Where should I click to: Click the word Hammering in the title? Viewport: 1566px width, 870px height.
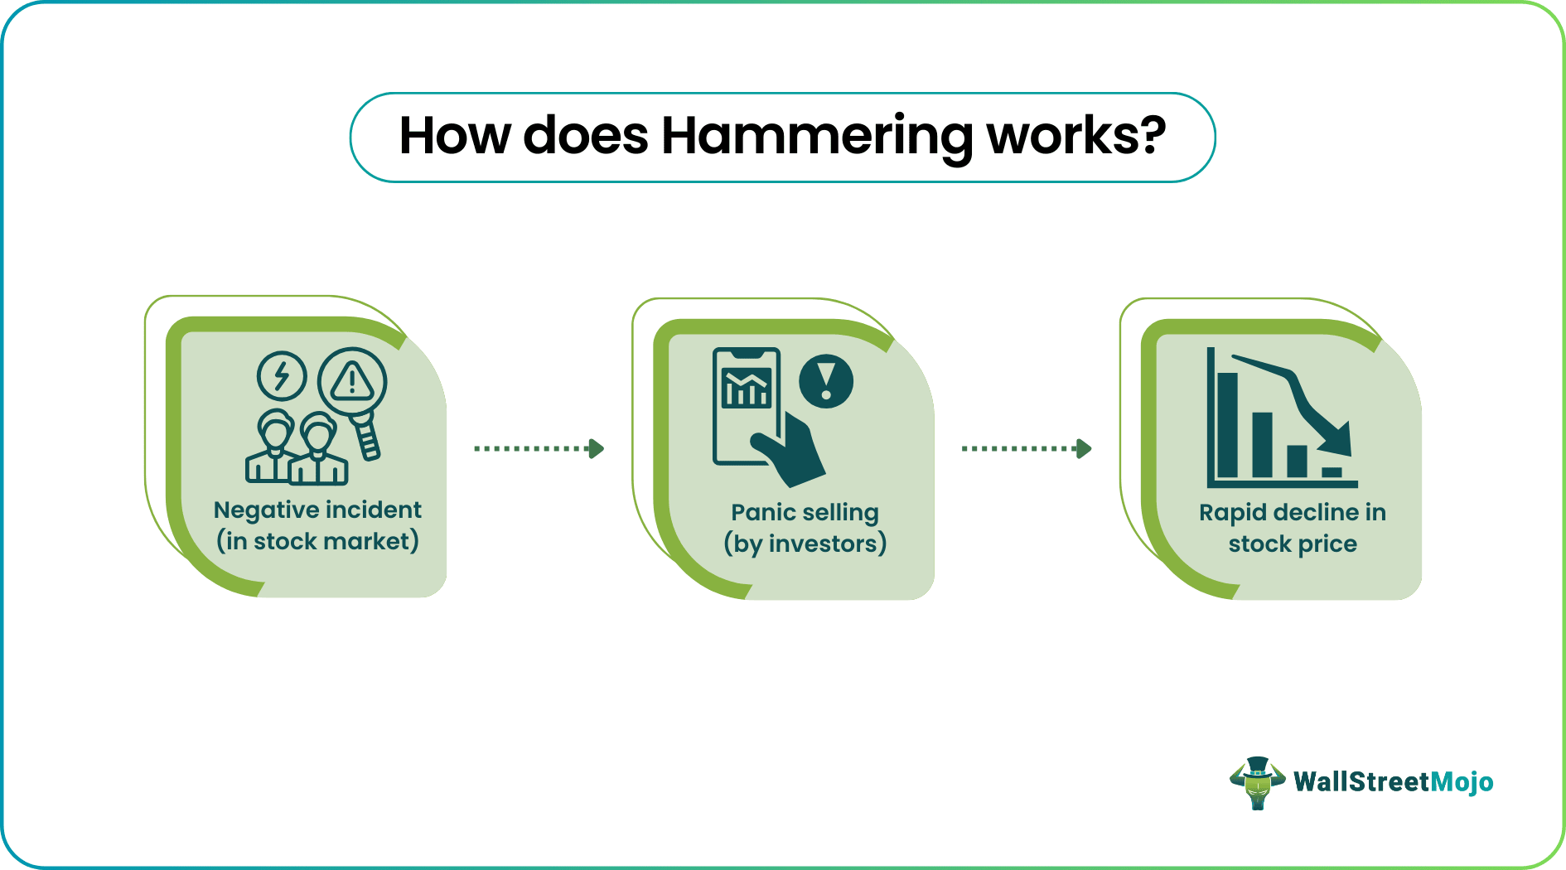tap(816, 137)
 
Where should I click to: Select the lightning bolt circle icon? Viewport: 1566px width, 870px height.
tap(282, 376)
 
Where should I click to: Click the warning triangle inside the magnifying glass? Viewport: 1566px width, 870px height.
tap(353, 381)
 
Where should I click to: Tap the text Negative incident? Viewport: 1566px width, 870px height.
tap(317, 510)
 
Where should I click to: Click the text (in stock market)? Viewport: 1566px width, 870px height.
tap(317, 541)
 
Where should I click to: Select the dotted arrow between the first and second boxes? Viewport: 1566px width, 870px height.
tap(539, 448)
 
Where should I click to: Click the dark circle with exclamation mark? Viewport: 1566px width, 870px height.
tap(825, 381)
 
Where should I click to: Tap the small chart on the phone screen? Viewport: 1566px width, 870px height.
tap(747, 388)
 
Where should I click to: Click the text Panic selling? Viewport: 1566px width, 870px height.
tap(805, 512)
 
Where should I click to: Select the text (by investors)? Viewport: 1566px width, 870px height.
tap(805, 544)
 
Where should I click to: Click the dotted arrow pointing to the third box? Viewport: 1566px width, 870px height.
tap(1026, 448)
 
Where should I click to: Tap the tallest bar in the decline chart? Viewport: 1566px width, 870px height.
tap(1227, 424)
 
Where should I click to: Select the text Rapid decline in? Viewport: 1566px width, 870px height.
tap(1292, 512)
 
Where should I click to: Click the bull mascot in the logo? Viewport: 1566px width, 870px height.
tap(1257, 782)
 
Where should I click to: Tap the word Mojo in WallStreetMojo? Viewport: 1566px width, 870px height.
tap(1462, 782)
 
